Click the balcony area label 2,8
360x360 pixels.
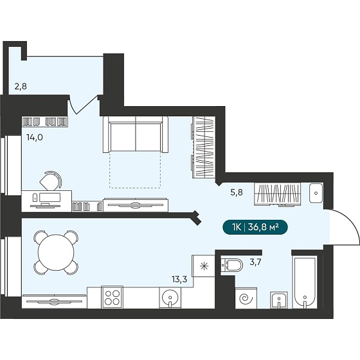pyautogui.click(x=21, y=87)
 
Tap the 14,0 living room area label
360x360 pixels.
pyautogui.click(x=35, y=138)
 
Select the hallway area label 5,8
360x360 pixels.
pyautogui.click(x=237, y=192)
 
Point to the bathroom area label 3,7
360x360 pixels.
pyautogui.click(x=256, y=262)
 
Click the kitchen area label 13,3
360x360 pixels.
pyautogui.click(x=179, y=279)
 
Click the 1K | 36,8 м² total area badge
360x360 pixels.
pyautogui.click(x=255, y=228)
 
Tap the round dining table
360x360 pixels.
pyautogui.click(x=56, y=252)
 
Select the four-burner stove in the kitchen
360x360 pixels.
pyautogui.click(x=112, y=297)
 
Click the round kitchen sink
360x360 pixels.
pyautogui.click(x=170, y=298)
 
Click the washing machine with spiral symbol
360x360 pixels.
pyautogui.click(x=246, y=298)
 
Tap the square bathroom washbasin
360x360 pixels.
pyautogui.click(x=279, y=300)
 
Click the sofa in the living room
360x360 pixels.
pyautogui.click(x=136, y=134)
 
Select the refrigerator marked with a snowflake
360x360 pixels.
pyautogui.click(x=203, y=266)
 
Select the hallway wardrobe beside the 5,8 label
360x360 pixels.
pyautogui.click(x=277, y=194)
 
